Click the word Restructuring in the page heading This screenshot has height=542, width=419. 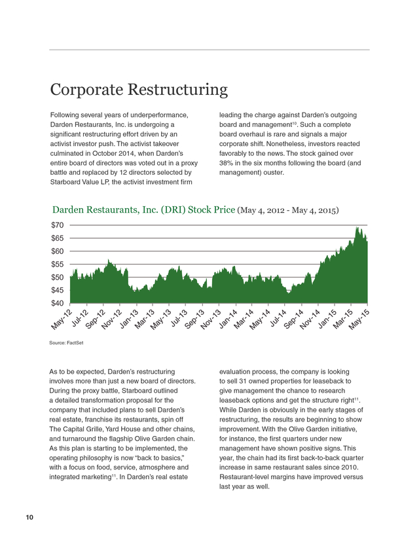177,90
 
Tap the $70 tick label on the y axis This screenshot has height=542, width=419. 58,225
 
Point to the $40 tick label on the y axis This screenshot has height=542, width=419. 58,304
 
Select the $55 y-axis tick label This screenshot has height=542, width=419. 58,264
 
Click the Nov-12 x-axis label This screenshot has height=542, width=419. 112,319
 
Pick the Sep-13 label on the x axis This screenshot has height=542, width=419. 194,319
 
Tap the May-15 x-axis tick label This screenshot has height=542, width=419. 359,319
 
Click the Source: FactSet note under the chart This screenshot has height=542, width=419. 66,343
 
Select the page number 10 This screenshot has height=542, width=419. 29,518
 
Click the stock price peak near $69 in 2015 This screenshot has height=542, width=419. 357,227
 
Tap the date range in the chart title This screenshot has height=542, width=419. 288,210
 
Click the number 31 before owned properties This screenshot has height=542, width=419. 243,381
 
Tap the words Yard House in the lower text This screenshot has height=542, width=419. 118,429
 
